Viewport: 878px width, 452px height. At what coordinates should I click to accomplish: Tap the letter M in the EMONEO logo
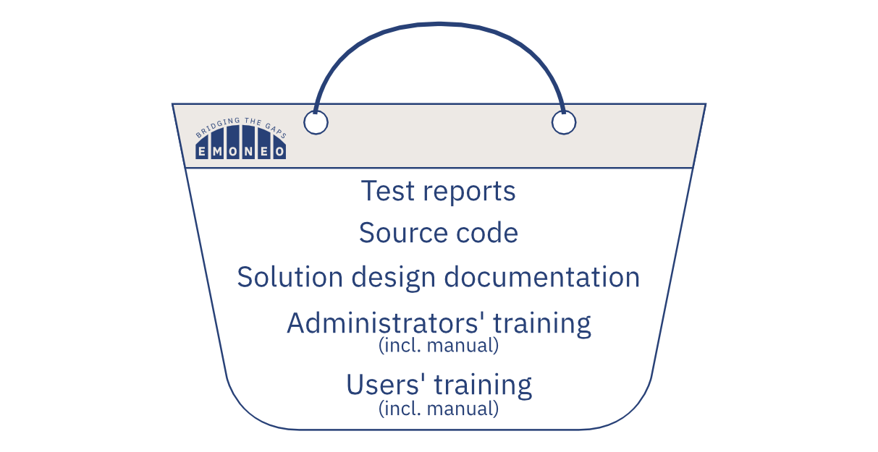point(217,152)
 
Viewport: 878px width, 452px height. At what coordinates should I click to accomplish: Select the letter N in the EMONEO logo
point(248,152)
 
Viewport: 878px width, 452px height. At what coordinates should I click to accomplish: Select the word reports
point(469,192)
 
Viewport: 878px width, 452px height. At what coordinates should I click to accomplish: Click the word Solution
point(290,277)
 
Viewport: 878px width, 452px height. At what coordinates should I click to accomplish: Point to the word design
point(393,278)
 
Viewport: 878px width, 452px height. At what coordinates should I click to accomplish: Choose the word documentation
point(541,277)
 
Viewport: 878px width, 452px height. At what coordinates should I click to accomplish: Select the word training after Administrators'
point(542,325)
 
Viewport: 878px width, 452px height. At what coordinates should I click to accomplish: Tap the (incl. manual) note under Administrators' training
point(439,346)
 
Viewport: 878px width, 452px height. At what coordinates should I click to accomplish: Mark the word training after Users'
point(484,385)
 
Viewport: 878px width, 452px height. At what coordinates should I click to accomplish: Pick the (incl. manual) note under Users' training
point(439,409)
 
